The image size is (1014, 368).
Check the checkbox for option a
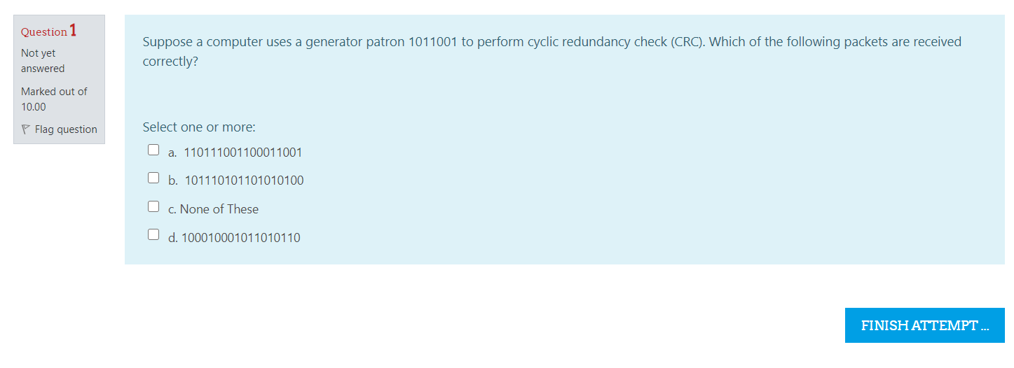point(153,150)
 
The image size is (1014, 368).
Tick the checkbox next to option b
point(153,178)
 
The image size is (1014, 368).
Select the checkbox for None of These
point(153,206)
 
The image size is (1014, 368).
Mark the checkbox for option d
point(153,234)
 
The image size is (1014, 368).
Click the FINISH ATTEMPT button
point(924,325)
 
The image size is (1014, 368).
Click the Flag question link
point(66,129)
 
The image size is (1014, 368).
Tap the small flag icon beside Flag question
point(26,129)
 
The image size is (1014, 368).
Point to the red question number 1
point(73,31)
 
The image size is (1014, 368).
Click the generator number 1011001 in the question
point(432,42)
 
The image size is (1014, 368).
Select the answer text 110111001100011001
point(242,153)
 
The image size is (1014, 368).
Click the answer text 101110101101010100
point(244,181)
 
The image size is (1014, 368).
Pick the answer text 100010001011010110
point(240,238)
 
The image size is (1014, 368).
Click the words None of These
point(219,209)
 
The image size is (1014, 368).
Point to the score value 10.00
point(33,107)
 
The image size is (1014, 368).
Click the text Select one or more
point(199,127)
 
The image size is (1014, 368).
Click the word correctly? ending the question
point(170,62)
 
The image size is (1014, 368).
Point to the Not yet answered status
point(42,61)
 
